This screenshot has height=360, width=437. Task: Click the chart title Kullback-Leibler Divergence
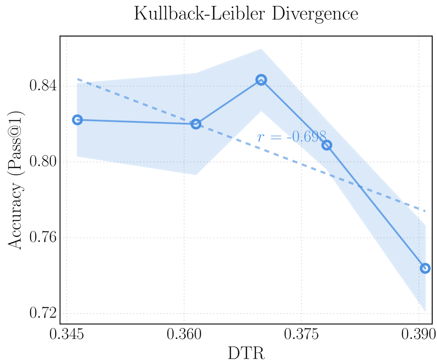246,14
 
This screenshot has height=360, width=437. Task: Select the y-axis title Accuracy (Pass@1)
16,180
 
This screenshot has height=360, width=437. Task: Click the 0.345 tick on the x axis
67,335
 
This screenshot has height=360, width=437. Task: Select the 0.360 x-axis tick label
184,335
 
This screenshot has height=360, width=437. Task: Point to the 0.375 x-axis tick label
302,335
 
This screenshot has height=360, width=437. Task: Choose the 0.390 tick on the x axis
419,335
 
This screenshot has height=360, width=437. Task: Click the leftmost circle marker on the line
77,120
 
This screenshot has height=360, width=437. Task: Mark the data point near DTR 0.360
196,124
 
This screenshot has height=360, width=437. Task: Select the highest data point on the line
261,80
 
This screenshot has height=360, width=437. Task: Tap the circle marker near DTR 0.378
327,145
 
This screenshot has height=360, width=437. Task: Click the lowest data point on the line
425,268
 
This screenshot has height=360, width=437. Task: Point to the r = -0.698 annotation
291,137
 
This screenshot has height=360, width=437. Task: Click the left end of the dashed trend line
78,79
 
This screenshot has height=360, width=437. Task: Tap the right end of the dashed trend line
425,211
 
